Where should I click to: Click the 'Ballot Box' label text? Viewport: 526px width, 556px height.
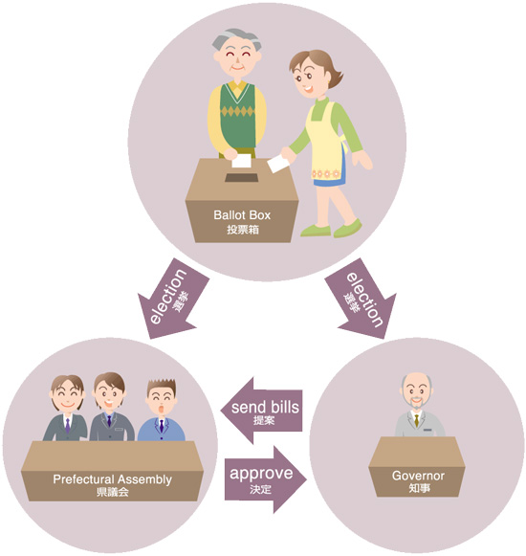click(x=242, y=215)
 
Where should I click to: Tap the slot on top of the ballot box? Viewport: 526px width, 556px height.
click(x=241, y=178)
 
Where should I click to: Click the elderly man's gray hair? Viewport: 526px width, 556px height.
click(x=237, y=39)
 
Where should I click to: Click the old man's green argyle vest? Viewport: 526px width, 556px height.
click(x=237, y=115)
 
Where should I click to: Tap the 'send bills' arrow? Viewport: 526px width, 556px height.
click(x=262, y=411)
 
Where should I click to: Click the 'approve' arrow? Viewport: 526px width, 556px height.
click(x=265, y=479)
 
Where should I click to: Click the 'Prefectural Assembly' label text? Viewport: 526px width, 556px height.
click(x=112, y=479)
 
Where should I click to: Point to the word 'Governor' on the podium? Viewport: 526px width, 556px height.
click(x=418, y=476)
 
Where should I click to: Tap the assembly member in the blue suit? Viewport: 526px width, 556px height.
click(x=162, y=411)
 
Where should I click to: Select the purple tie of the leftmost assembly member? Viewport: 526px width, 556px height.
click(x=67, y=426)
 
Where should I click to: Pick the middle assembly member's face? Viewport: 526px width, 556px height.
click(x=110, y=394)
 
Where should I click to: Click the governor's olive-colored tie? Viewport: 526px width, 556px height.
click(x=416, y=420)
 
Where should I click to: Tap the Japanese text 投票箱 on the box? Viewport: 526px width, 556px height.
click(x=243, y=230)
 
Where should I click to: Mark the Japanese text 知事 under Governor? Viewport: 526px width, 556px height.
click(x=419, y=488)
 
